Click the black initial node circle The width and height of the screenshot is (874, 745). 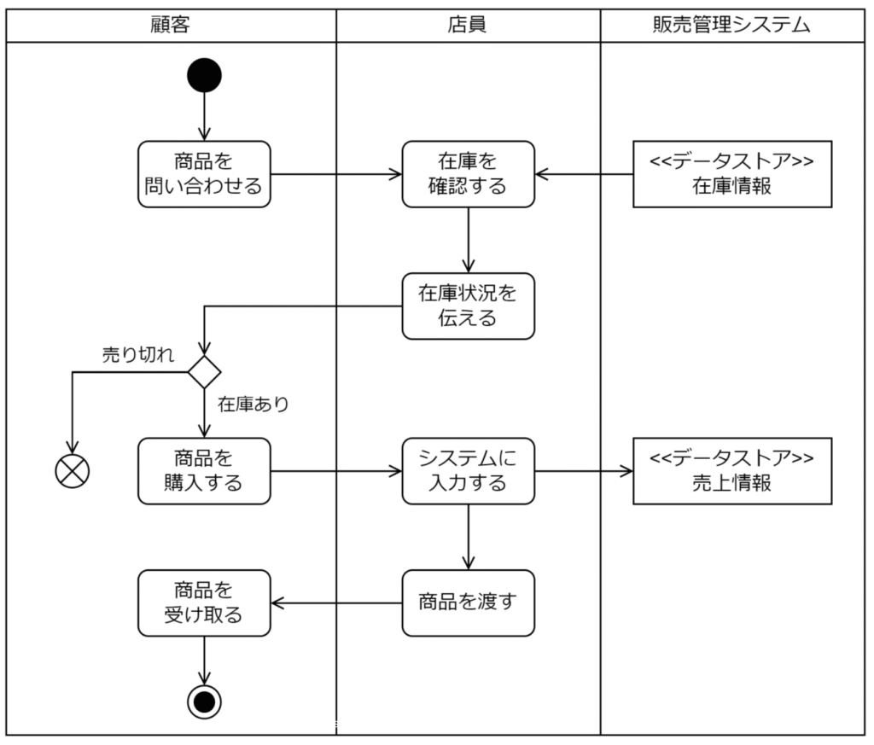[204, 74]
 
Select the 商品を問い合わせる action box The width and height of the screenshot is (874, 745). [204, 174]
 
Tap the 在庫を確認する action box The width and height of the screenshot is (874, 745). [468, 174]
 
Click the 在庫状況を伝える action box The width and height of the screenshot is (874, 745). [468, 306]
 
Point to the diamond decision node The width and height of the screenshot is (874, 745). [204, 372]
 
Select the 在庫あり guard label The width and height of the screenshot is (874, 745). [253, 405]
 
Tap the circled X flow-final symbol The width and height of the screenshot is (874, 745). [73, 470]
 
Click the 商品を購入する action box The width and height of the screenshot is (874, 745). [204, 471]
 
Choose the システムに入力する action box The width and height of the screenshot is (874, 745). [468, 471]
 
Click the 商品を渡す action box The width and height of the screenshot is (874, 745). [468, 602]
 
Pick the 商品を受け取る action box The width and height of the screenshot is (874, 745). [204, 602]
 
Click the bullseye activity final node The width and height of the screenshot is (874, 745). [204, 701]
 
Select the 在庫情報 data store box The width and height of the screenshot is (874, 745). [731, 174]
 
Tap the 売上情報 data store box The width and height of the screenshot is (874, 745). [731, 471]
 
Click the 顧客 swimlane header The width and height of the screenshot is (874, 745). [171, 25]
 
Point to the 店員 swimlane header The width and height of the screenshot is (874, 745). [468, 25]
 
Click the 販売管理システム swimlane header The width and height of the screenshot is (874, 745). [731, 25]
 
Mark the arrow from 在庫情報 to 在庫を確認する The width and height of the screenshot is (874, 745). [584, 174]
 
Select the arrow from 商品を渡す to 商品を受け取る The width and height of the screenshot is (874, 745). [336, 602]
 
